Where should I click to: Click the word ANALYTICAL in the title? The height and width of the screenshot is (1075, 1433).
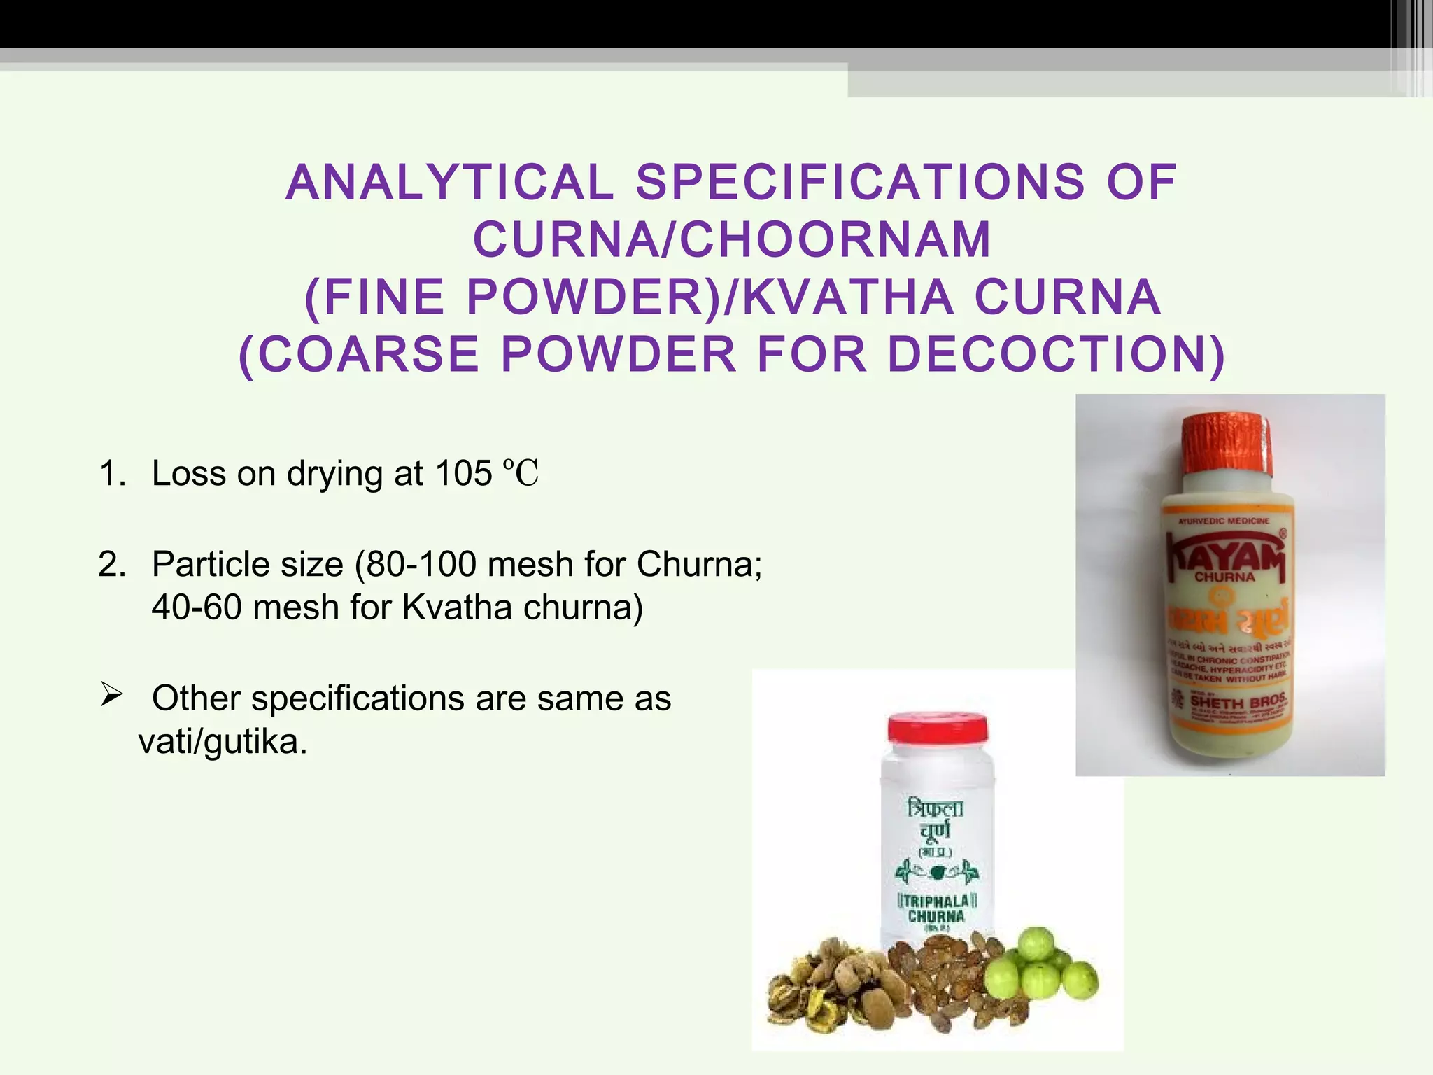tap(449, 183)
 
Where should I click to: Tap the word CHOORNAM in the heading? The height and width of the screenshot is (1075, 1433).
tap(836, 240)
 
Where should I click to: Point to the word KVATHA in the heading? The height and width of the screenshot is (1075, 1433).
tap(848, 297)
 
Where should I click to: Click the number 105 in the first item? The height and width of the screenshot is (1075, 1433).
tap(463, 474)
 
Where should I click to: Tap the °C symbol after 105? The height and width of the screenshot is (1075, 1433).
tap(521, 474)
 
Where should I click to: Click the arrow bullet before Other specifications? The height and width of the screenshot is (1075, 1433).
tap(111, 696)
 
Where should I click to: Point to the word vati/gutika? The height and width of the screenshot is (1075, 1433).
tap(223, 742)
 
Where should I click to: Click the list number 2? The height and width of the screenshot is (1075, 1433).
tap(111, 564)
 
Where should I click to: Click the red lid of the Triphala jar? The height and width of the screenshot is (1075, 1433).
tap(938, 728)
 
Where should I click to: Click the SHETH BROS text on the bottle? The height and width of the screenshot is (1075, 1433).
tap(1237, 701)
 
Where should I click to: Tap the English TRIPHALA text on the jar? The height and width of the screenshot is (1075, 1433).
tap(936, 901)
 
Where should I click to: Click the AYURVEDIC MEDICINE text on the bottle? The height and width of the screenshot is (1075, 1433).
tap(1224, 521)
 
